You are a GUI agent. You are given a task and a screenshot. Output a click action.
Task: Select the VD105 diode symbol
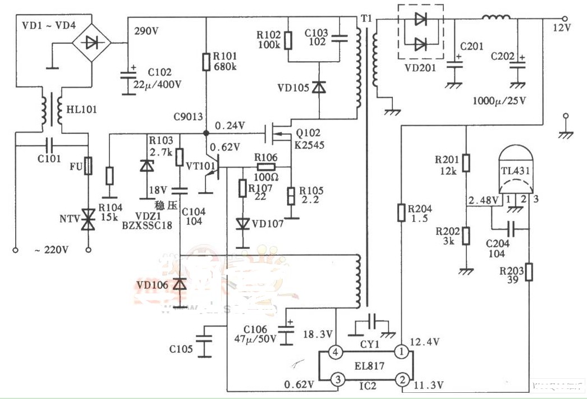[x=319, y=88]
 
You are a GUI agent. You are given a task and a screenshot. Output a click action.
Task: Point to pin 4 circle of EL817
[x=335, y=352]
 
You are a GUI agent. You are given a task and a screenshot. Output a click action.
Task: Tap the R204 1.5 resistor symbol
[x=402, y=212]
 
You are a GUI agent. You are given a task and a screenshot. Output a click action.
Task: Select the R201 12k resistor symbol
[x=466, y=162]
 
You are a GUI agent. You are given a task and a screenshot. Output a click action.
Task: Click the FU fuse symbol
[x=88, y=166]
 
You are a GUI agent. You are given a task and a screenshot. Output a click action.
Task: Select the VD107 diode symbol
[x=242, y=224]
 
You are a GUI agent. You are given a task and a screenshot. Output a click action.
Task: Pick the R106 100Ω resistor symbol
[x=266, y=167]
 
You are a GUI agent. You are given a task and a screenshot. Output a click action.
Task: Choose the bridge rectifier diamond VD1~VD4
[x=90, y=42]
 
